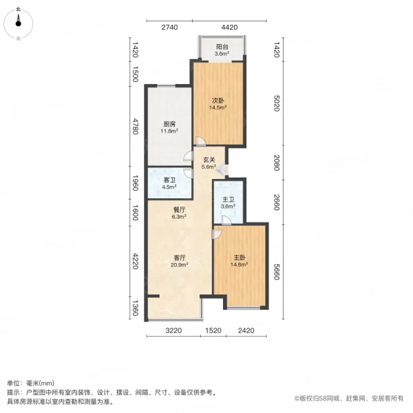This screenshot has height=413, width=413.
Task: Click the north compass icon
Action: (x=19, y=25)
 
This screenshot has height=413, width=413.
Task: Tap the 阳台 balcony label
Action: (x=220, y=47)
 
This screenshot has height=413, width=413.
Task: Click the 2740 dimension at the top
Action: (x=169, y=28)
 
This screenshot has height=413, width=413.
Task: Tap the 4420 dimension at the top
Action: (x=229, y=28)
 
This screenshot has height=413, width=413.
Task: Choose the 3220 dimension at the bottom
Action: (x=174, y=331)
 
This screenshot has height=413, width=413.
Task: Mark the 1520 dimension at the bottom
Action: (x=213, y=331)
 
